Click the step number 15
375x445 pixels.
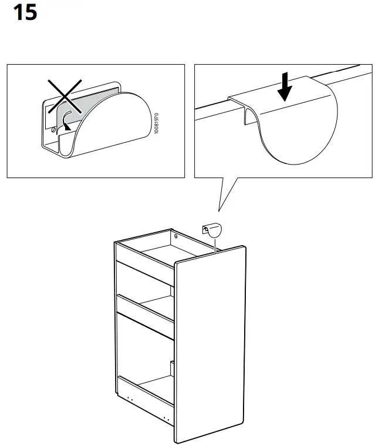point(25,12)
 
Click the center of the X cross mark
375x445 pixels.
point(65,98)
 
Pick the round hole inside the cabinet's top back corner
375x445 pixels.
point(174,236)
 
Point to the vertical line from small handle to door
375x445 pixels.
point(215,243)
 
